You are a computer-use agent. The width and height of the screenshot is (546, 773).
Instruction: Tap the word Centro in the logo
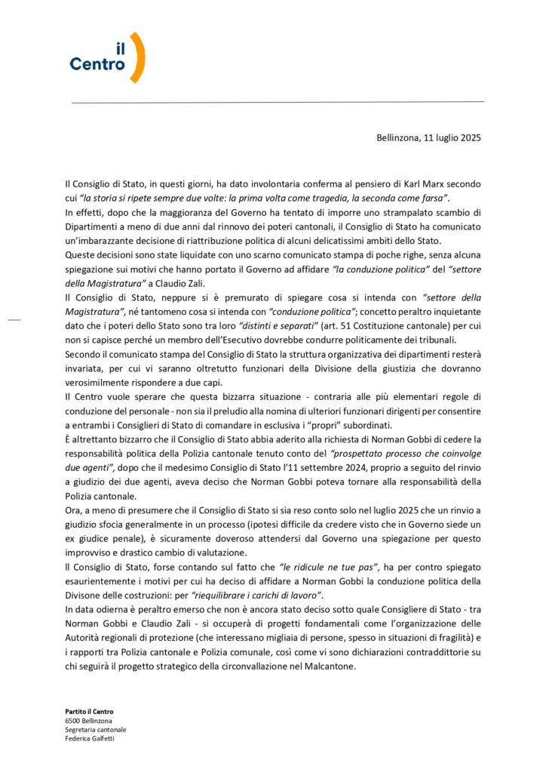click(x=97, y=65)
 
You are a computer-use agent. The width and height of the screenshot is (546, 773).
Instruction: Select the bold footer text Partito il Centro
click(x=89, y=712)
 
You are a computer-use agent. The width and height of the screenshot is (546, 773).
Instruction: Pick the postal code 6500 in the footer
click(x=73, y=721)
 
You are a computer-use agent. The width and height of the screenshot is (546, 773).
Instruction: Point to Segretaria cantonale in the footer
click(x=95, y=730)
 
